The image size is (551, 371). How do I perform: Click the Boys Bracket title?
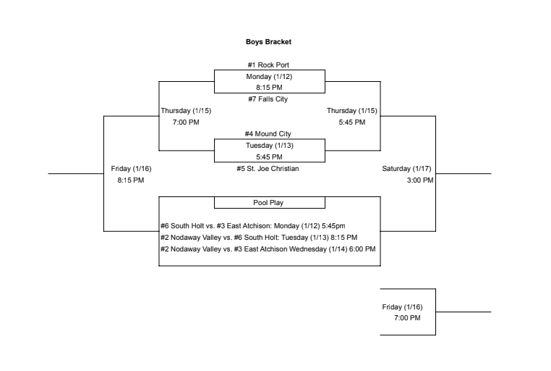(269, 42)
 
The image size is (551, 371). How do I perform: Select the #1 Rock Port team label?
(269, 65)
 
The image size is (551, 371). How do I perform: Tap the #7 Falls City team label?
(269, 99)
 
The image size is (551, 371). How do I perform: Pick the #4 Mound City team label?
(269, 134)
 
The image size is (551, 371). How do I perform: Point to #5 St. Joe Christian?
(269, 169)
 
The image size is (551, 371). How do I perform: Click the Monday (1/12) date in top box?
(269, 76)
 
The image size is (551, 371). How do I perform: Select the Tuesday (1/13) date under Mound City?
(269, 145)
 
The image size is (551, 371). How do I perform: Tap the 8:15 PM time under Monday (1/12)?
(269, 88)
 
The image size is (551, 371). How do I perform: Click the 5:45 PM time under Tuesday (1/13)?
(269, 157)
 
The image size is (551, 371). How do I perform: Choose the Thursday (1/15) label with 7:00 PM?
(186, 111)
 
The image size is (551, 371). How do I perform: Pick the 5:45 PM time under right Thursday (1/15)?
(352, 122)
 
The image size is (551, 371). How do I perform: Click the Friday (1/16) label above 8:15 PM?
(131, 169)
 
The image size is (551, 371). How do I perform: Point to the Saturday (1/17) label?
(406, 169)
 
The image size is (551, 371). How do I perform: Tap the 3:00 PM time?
(420, 180)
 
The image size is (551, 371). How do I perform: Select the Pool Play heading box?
(269, 203)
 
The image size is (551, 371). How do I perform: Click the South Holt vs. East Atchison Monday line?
(253, 226)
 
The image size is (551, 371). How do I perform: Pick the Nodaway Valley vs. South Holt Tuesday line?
(259, 237)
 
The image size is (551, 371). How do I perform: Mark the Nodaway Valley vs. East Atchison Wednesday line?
(268, 249)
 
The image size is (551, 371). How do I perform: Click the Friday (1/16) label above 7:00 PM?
(402, 307)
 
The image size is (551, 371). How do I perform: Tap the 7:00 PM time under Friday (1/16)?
(407, 318)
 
